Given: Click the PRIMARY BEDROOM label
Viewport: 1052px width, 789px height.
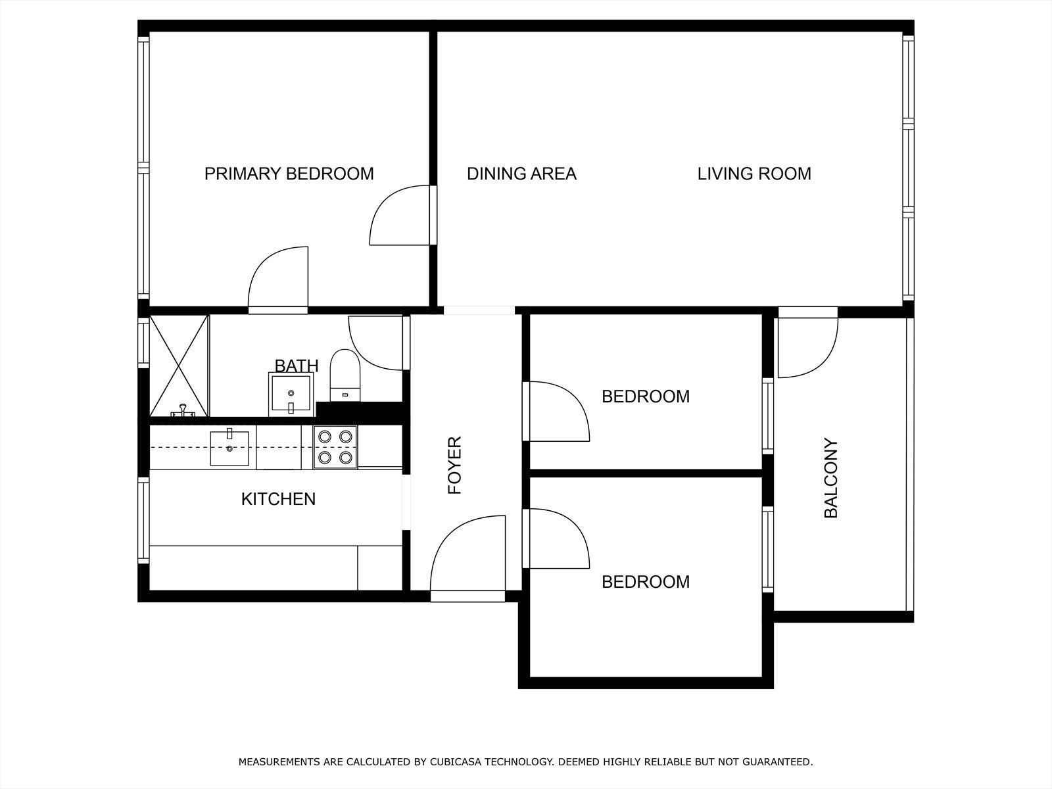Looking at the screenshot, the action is [289, 174].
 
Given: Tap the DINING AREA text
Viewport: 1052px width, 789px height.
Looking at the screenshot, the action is [521, 174].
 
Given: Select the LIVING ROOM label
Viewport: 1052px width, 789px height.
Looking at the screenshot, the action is [754, 174].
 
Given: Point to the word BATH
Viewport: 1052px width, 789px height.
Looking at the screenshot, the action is [296, 366].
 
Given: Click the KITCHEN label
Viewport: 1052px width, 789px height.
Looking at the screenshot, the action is [279, 499].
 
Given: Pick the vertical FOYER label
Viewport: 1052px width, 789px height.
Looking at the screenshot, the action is [454, 465].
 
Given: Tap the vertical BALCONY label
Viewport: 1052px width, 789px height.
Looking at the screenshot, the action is [830, 477].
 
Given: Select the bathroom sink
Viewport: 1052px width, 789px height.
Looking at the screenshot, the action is [291, 394].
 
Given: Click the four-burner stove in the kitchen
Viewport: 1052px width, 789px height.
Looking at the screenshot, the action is [335, 447].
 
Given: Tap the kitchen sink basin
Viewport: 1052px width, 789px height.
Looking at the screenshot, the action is [229, 448].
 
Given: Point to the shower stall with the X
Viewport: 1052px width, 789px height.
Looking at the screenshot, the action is [179, 366].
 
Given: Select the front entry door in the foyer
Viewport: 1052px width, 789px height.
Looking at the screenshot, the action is [467, 558].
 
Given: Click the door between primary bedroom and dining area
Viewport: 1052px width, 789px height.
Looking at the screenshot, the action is [402, 215].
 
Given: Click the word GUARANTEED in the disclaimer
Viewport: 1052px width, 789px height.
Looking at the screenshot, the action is [778, 761].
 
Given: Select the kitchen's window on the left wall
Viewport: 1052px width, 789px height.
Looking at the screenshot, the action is [143, 520].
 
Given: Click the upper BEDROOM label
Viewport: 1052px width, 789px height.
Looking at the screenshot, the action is [646, 396].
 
